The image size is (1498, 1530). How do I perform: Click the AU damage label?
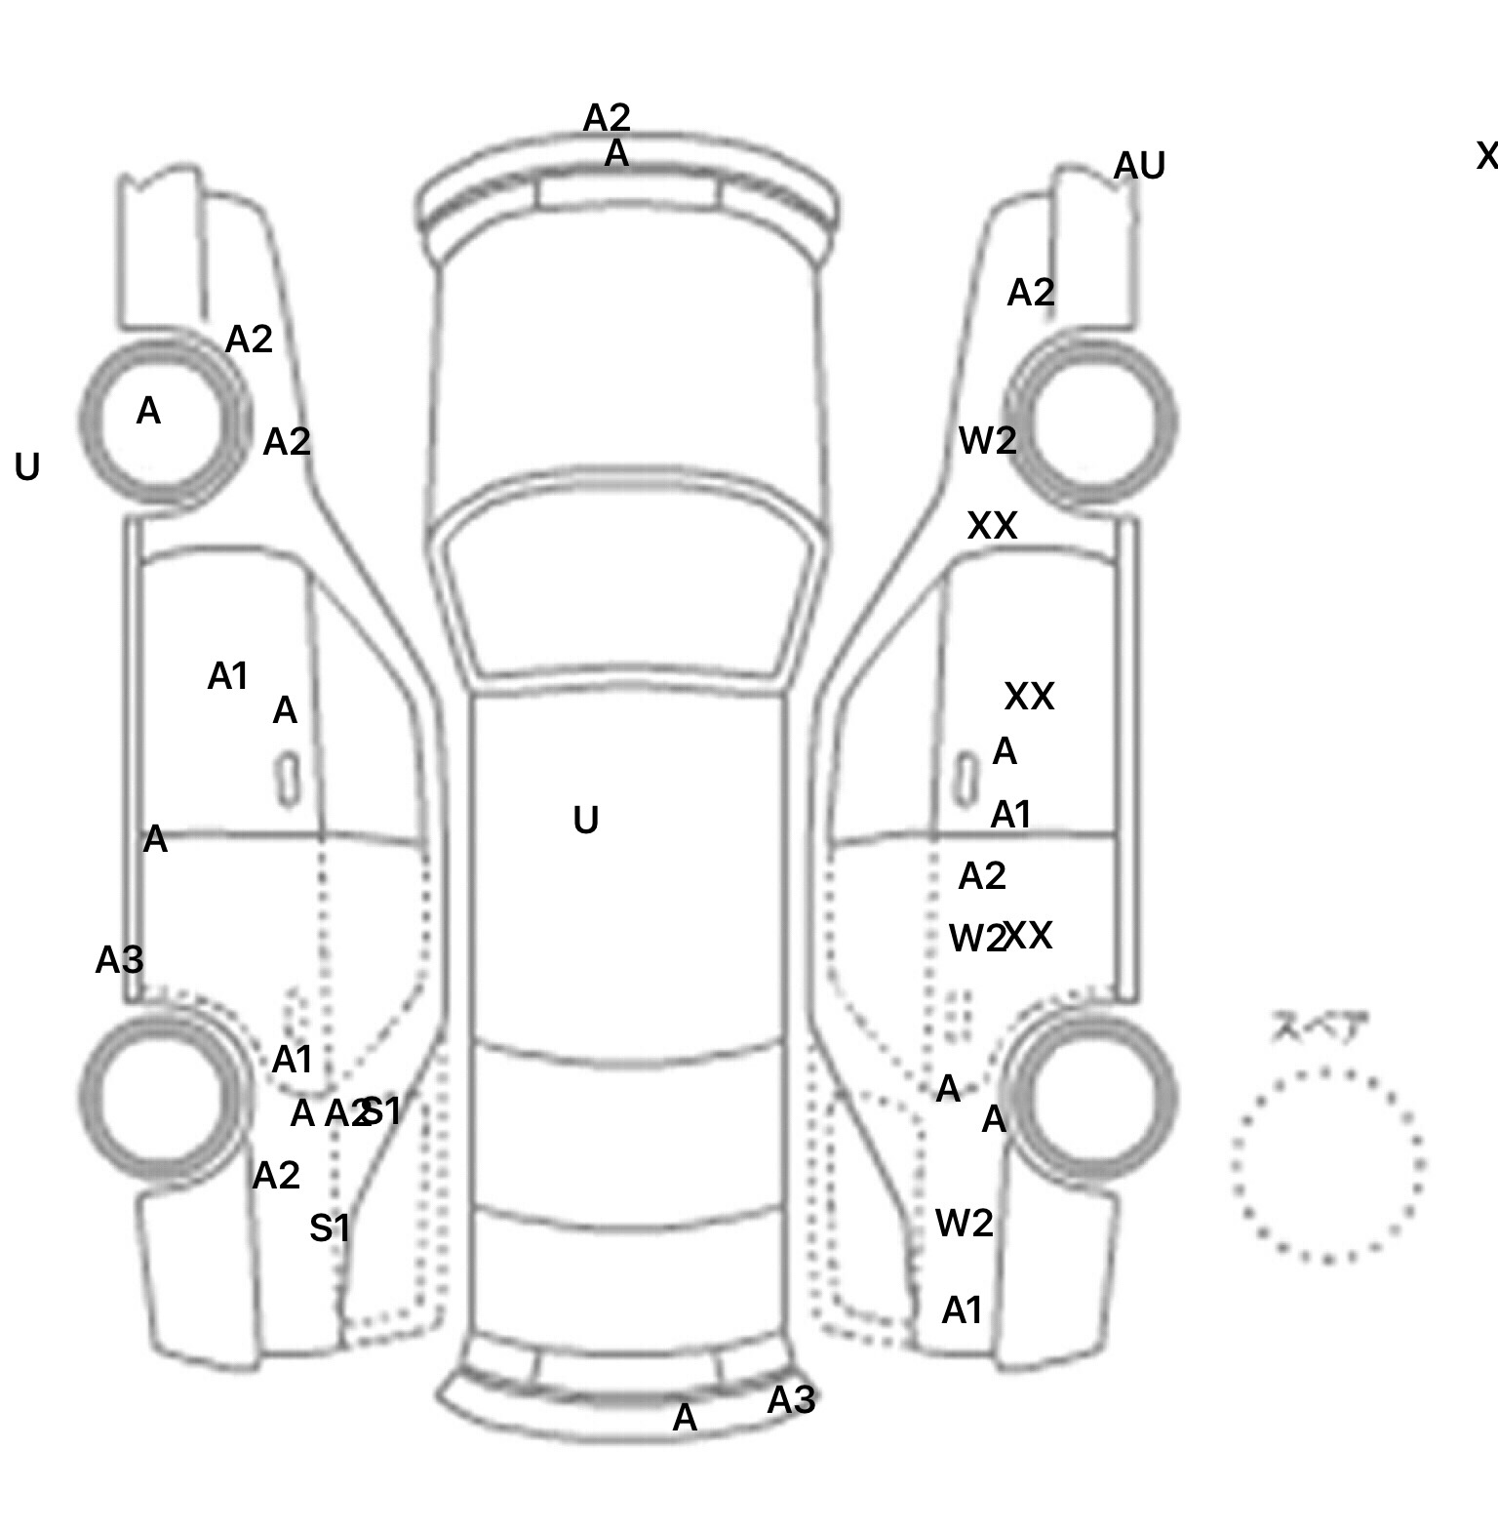[1139, 166]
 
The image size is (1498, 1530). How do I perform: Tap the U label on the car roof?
[585, 821]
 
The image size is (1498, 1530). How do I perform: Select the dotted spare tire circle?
[1327, 1165]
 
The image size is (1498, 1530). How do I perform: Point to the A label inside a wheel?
[148, 412]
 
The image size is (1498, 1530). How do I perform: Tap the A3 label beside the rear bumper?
[791, 1400]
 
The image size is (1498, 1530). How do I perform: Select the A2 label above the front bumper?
[607, 118]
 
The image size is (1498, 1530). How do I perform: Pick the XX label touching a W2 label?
[1029, 936]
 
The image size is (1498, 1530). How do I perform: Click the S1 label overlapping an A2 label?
[382, 1110]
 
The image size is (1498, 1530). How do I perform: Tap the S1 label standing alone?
[330, 1228]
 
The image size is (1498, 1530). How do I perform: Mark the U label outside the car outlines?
[27, 468]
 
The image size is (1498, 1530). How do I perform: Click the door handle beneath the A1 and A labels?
[287, 779]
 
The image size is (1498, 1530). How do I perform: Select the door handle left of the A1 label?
[966, 777]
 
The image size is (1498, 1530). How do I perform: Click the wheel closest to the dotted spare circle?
[1092, 1095]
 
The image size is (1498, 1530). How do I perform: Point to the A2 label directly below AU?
[1031, 293]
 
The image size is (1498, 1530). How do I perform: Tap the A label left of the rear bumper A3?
[685, 1418]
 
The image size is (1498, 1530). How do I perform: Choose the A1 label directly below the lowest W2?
[962, 1310]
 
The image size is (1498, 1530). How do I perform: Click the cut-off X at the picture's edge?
[1487, 156]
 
